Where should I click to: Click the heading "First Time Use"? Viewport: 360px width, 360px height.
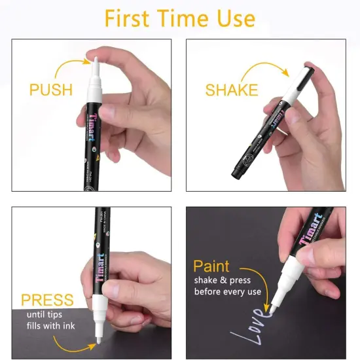(179, 18)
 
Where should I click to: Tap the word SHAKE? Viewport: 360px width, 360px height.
(232, 90)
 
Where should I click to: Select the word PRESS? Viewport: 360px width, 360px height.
(47, 300)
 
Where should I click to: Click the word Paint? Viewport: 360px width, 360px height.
(211, 266)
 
